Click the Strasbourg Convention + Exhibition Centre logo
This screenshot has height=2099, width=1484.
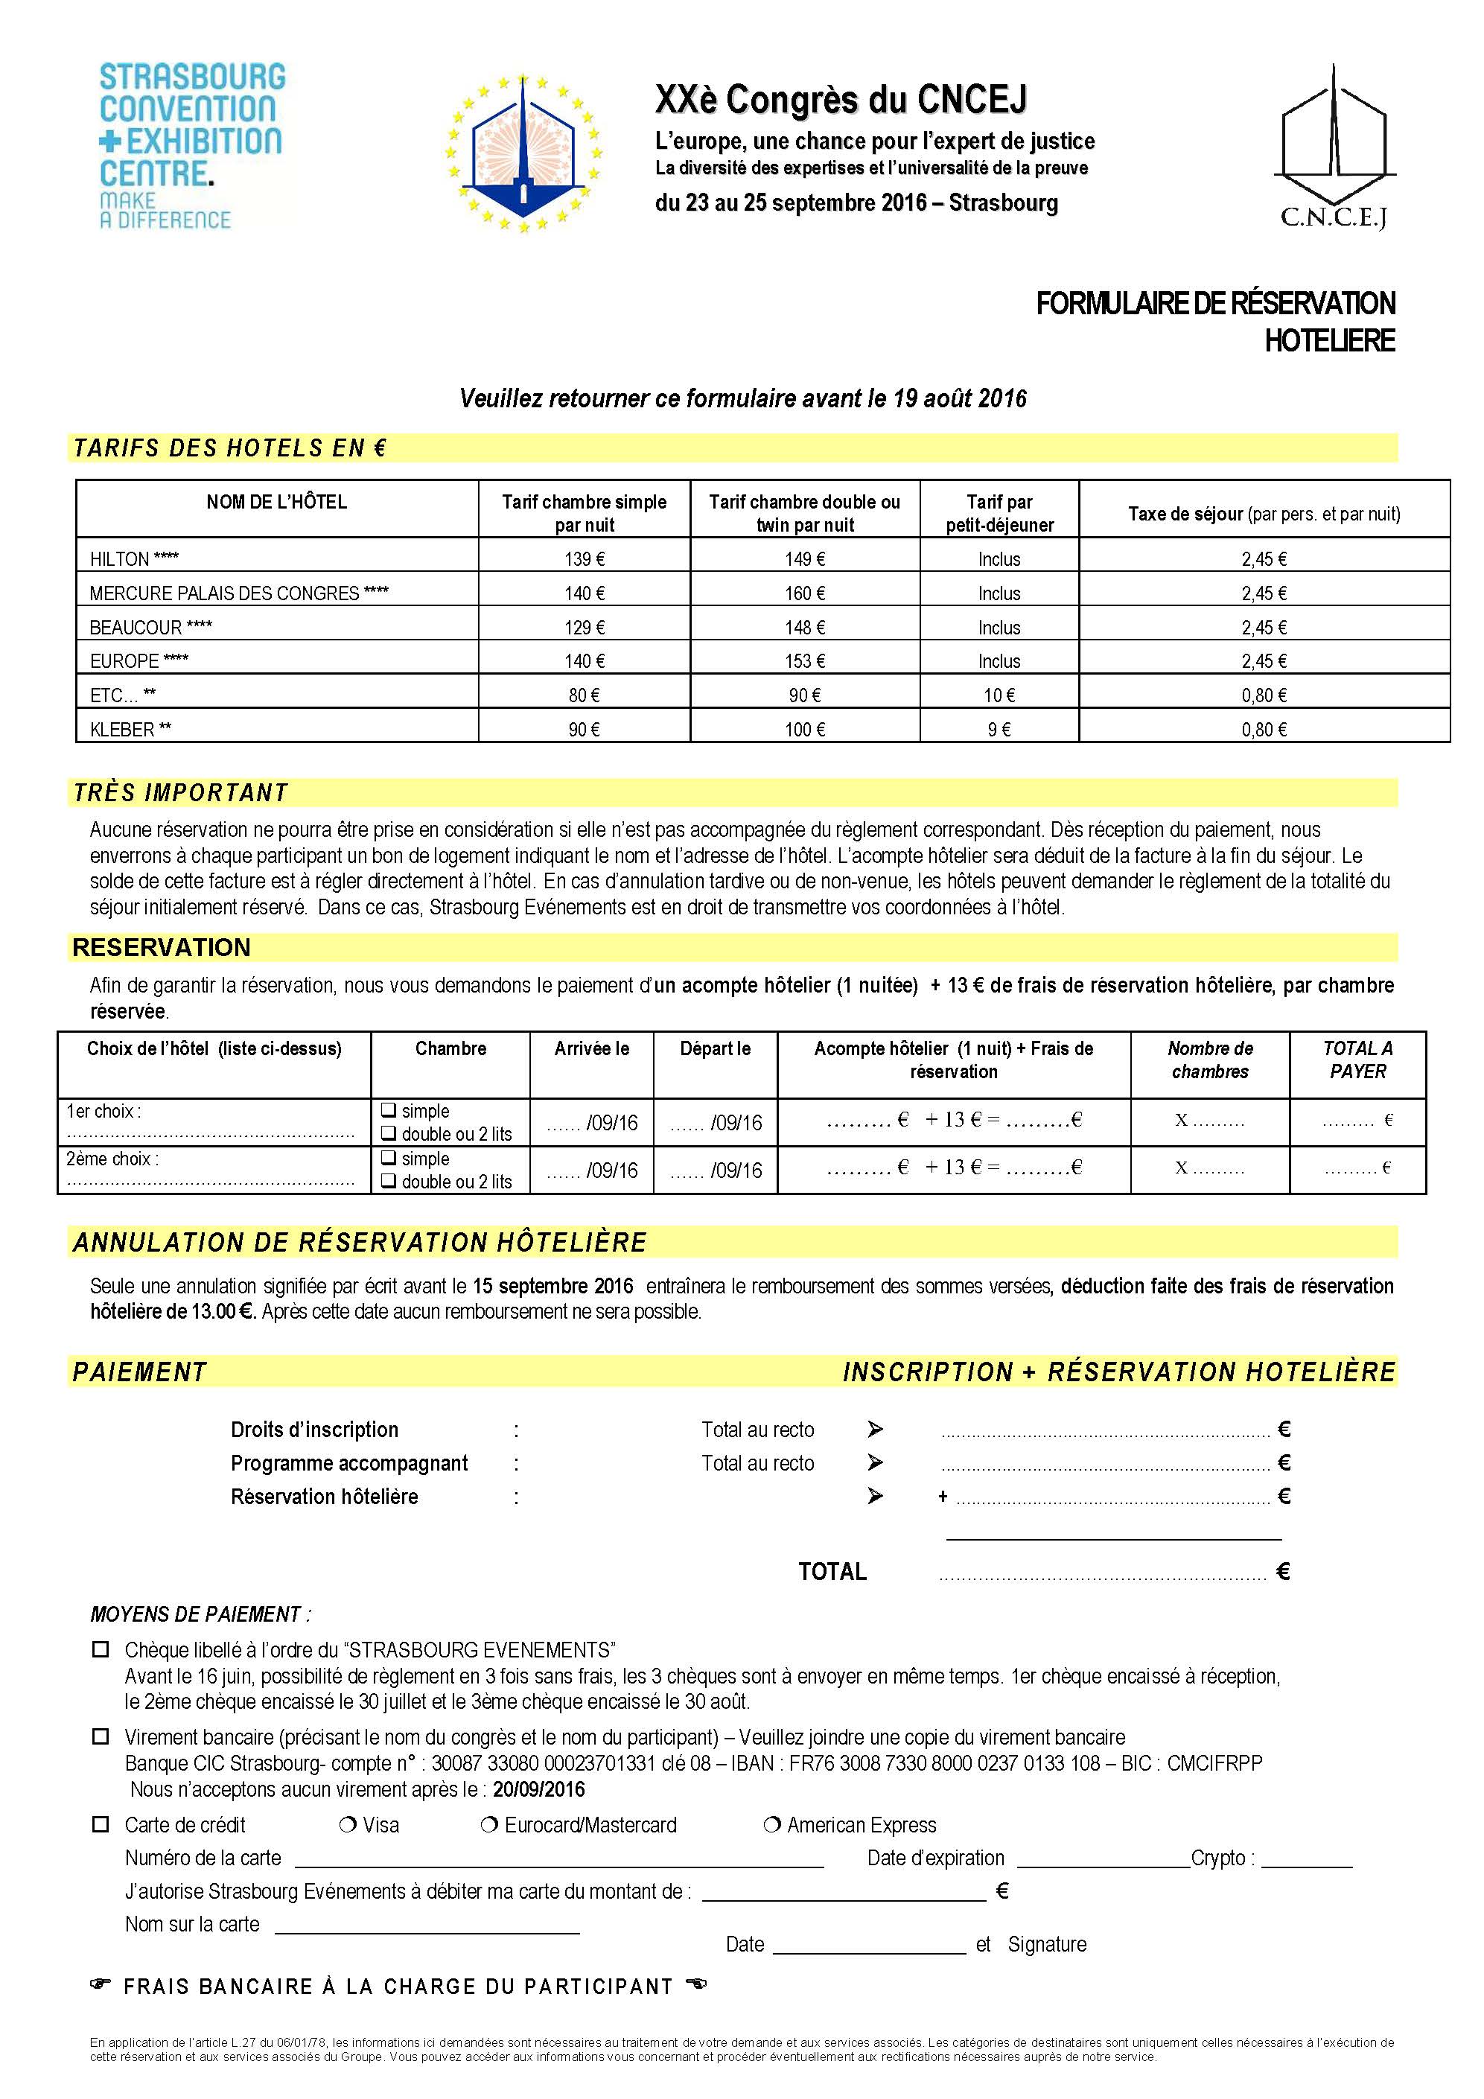tap(192, 145)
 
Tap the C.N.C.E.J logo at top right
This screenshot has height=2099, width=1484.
tap(1334, 146)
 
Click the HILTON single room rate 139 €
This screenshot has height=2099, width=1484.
tap(585, 559)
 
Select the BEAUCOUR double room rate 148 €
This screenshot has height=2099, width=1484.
tap(805, 628)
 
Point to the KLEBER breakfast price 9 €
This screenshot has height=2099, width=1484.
tap(999, 730)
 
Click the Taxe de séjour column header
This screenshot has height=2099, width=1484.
tap(1264, 514)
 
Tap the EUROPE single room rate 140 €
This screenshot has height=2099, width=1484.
tap(585, 661)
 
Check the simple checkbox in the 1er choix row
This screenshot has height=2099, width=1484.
tap(389, 1111)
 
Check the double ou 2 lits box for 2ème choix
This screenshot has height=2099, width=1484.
tap(389, 1181)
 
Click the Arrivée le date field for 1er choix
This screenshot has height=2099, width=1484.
tap(591, 1123)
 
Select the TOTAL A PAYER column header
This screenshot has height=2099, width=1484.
tap(1358, 1060)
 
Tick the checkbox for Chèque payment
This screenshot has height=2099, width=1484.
tap(101, 1650)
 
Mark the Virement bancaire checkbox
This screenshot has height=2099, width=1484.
tap(101, 1737)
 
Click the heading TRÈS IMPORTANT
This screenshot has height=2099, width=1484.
tap(180, 792)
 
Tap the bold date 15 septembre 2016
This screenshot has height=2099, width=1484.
tap(552, 1286)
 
